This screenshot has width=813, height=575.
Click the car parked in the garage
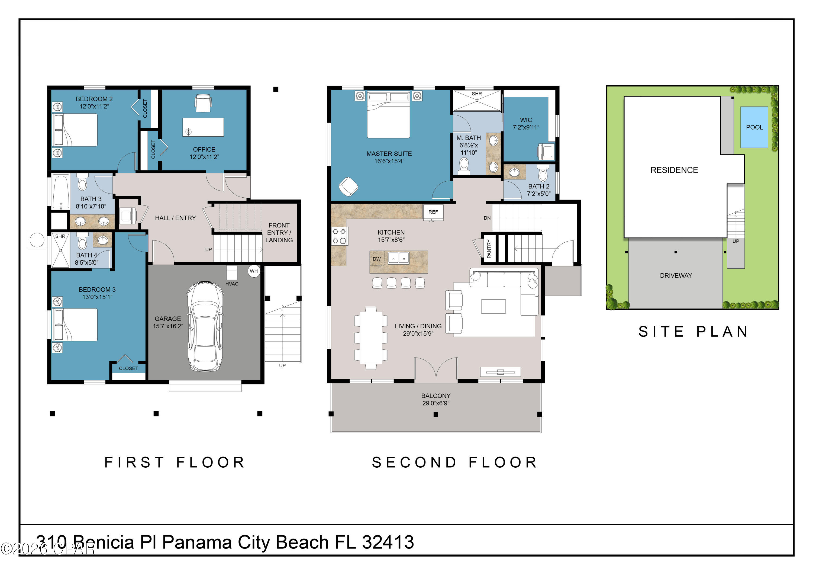(x=205, y=326)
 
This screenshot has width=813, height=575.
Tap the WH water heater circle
(x=254, y=271)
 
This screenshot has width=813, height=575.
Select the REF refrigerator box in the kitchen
(x=433, y=212)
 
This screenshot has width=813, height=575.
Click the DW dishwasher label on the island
(x=377, y=259)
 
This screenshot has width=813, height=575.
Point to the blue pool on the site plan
(x=754, y=127)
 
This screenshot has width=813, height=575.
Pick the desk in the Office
(x=203, y=127)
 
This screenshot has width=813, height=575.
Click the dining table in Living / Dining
(x=371, y=338)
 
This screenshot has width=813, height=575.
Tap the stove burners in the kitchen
(x=340, y=236)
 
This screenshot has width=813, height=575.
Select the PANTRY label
(x=489, y=249)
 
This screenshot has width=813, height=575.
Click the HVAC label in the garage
(x=232, y=284)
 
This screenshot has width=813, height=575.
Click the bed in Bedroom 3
(x=75, y=325)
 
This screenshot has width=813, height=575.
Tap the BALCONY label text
(x=436, y=396)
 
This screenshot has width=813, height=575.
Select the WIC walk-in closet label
(x=526, y=120)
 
